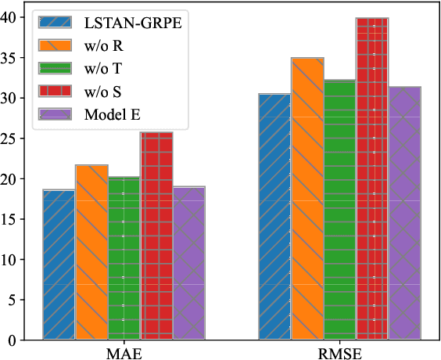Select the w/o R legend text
point(103,47)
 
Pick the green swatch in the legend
point(58,70)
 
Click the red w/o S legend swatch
point(58,92)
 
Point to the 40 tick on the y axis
point(16,17)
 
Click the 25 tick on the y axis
point(16,139)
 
